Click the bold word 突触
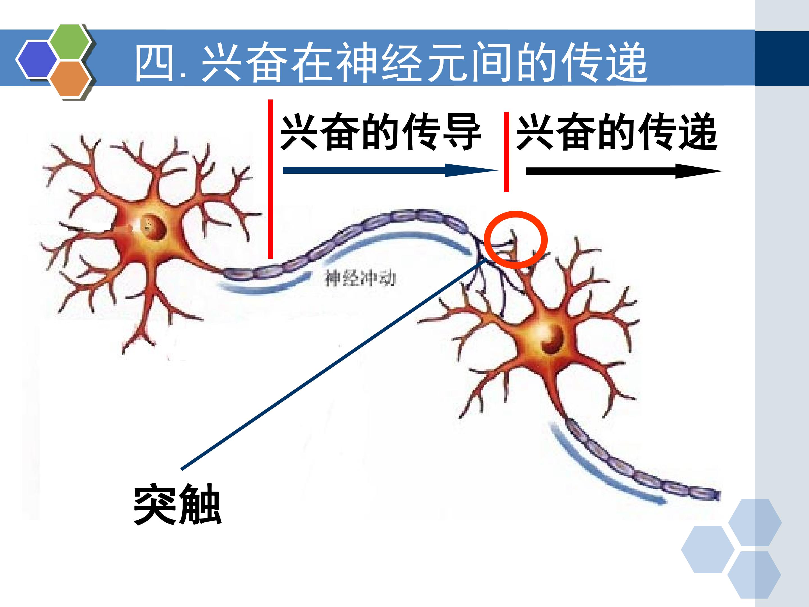pyautogui.click(x=177, y=504)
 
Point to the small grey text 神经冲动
pyautogui.click(x=360, y=278)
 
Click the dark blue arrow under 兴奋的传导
pyautogui.click(x=391, y=170)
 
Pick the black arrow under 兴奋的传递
pyautogui.click(x=624, y=171)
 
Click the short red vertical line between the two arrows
pyautogui.click(x=506, y=152)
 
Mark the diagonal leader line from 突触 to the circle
pyautogui.click(x=334, y=363)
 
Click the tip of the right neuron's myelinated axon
pyautogui.click(x=719, y=495)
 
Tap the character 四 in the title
pyautogui.click(x=154, y=62)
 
